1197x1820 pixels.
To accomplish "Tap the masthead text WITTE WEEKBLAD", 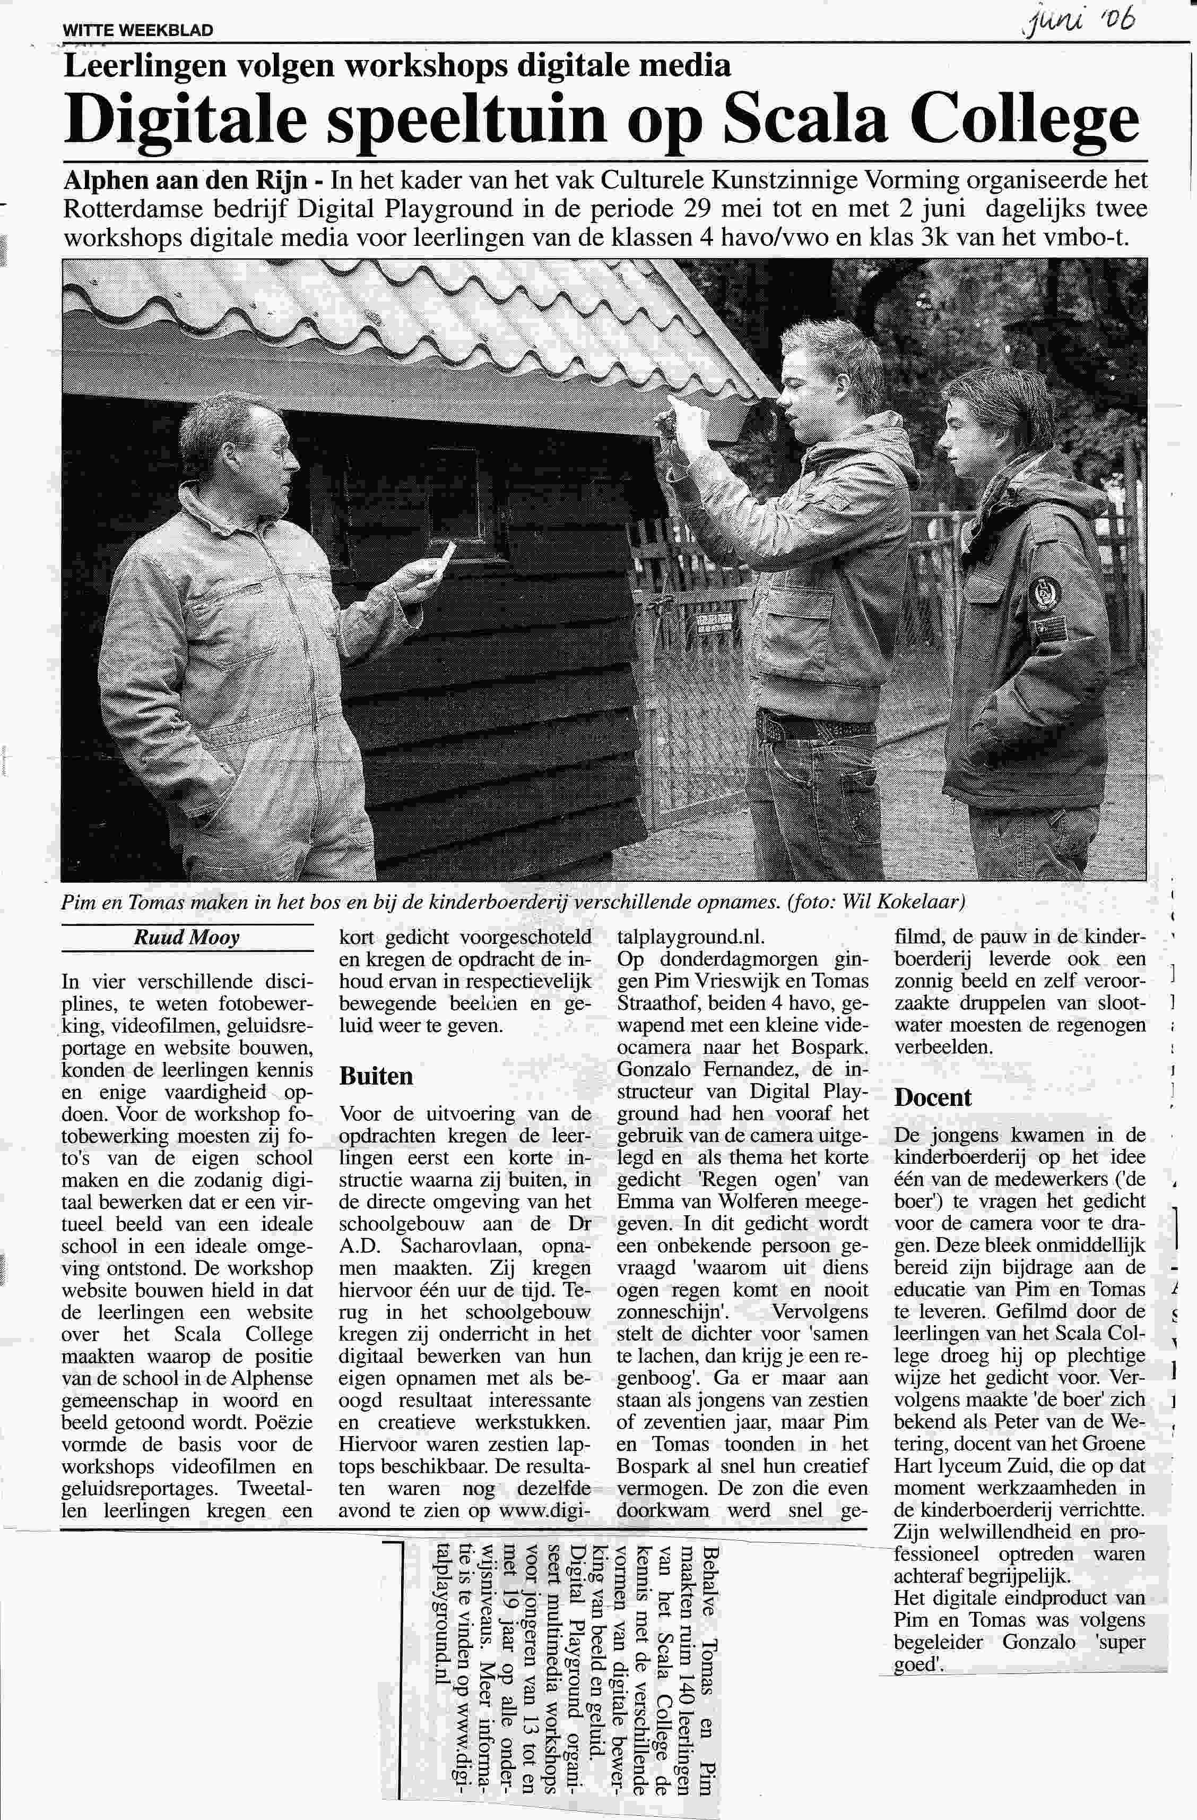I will (137, 31).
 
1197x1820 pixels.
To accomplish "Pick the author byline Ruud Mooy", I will (187, 938).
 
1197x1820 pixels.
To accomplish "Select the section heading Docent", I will (933, 1097).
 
